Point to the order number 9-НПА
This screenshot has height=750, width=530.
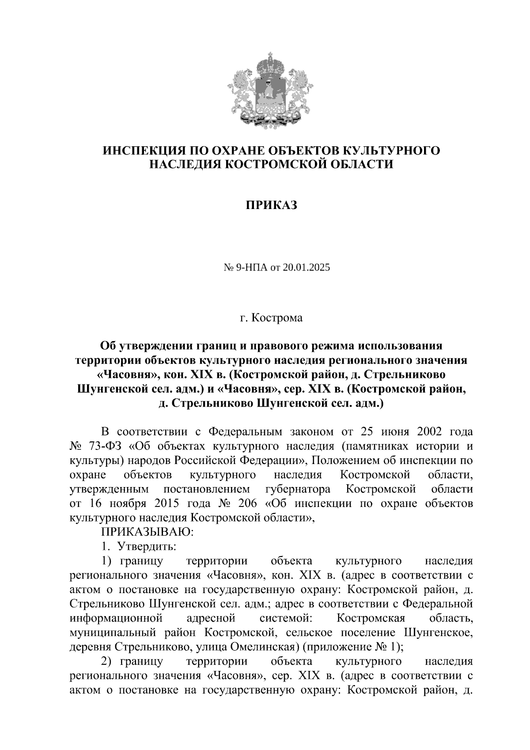[242, 268]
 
